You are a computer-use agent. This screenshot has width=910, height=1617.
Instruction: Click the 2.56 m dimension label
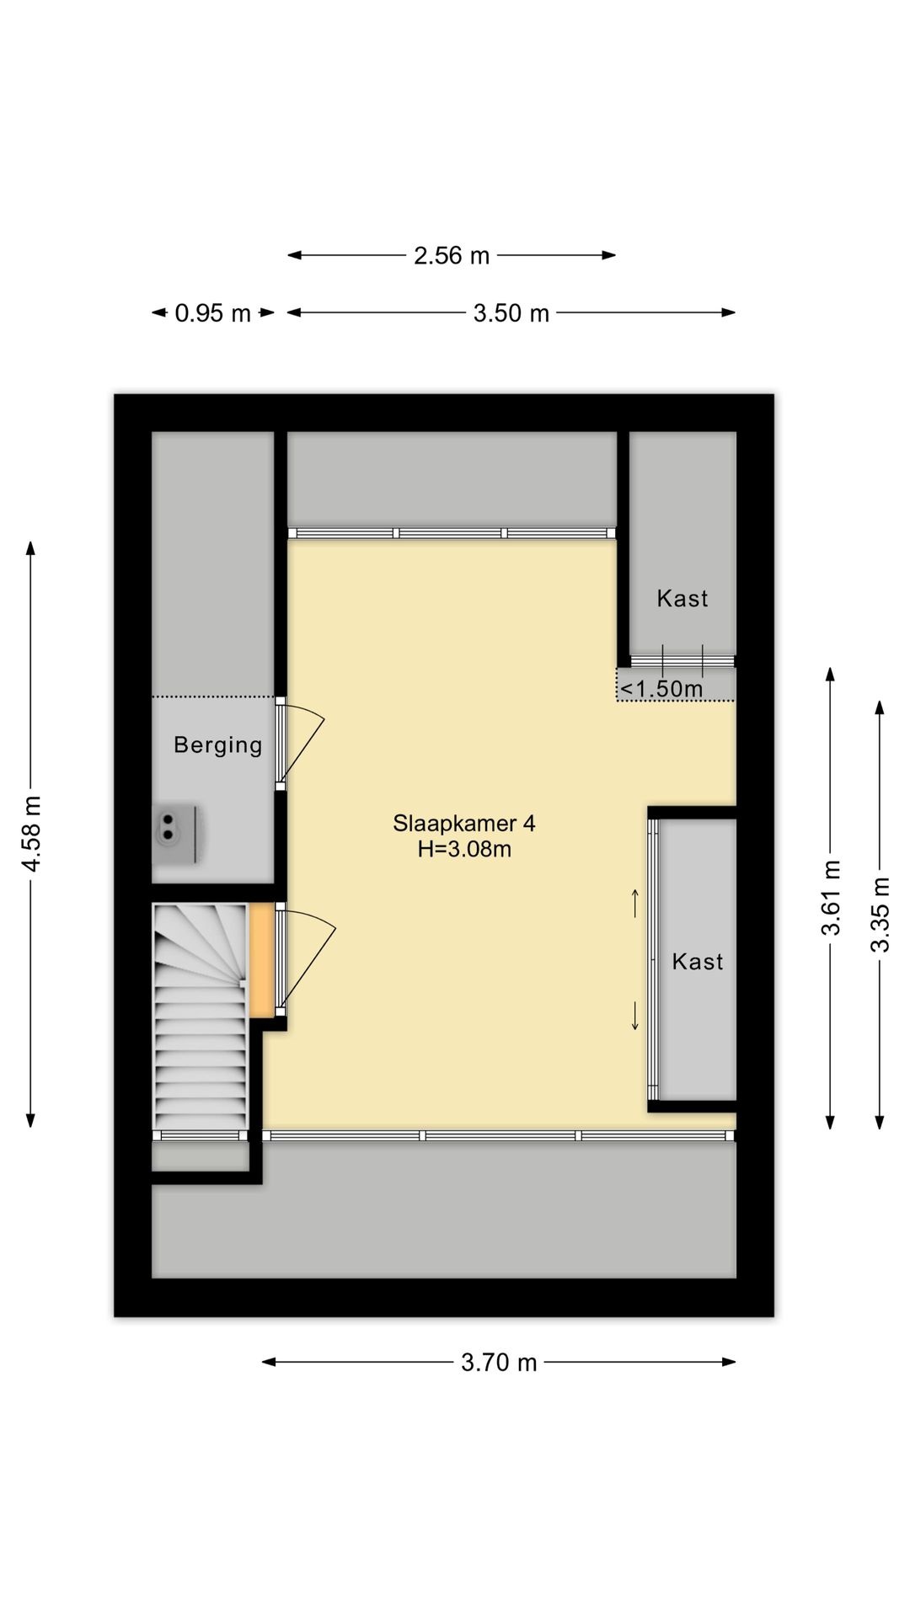(451, 255)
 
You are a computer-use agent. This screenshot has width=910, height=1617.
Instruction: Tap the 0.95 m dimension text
(212, 313)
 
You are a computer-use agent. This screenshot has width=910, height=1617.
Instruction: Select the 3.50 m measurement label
(511, 313)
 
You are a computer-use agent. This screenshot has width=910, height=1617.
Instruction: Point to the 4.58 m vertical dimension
(31, 834)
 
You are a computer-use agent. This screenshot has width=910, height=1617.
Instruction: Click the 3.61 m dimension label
(832, 898)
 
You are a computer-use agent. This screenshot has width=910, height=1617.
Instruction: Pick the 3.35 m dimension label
(880, 915)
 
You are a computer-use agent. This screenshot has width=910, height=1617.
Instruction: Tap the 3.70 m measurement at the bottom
(499, 1362)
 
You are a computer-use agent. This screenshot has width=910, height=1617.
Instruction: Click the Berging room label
(218, 745)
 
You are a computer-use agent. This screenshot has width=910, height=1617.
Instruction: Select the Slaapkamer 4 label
(464, 823)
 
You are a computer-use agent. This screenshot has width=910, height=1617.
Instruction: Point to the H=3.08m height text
(464, 849)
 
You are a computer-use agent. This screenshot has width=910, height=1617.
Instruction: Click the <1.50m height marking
(661, 689)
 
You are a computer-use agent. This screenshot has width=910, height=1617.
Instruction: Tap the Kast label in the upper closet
(682, 599)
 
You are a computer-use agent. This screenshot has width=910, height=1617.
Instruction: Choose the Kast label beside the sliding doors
(698, 962)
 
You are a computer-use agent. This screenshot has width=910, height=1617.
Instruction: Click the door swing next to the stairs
(307, 961)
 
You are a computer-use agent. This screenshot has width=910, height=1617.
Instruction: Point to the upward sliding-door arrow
(635, 903)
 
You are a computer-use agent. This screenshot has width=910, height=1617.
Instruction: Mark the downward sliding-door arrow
(635, 1016)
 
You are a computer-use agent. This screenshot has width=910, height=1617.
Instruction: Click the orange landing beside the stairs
(262, 961)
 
